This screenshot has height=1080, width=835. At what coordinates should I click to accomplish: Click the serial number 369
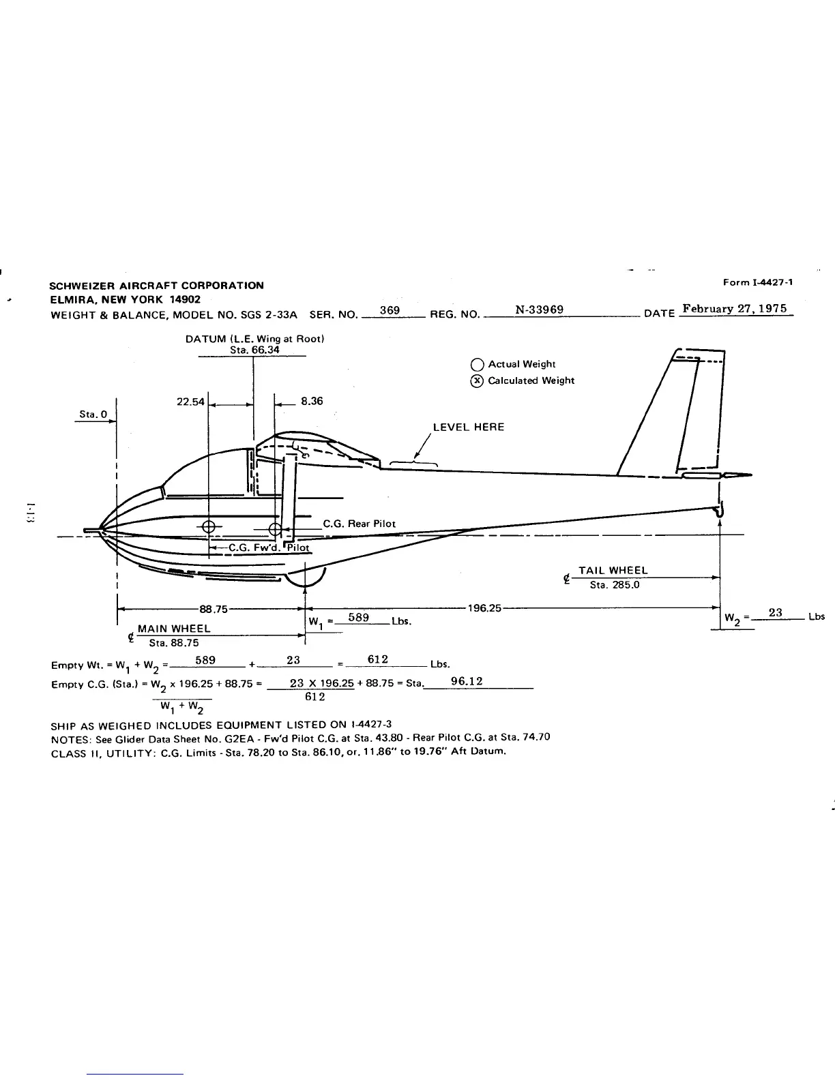(390, 310)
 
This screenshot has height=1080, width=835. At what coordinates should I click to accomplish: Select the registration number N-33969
(539, 310)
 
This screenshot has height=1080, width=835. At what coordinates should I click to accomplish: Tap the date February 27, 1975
(735, 308)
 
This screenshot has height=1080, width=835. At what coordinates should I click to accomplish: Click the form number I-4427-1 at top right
(757, 282)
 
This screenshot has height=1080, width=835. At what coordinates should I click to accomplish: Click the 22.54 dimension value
(190, 402)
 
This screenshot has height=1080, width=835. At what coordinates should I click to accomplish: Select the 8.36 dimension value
(312, 401)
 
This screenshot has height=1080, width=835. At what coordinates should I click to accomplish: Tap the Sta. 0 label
(89, 414)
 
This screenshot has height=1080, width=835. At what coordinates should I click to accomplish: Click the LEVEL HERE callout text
(469, 427)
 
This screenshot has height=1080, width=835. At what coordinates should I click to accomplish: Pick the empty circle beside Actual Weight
(478, 364)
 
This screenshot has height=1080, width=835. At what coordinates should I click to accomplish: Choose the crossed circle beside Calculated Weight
(478, 380)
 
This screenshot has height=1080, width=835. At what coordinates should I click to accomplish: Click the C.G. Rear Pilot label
(359, 524)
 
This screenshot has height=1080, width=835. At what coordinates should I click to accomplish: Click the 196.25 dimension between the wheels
(484, 607)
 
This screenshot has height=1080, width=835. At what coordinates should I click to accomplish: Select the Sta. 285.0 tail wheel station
(614, 584)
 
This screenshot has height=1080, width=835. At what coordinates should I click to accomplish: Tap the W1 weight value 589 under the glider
(358, 617)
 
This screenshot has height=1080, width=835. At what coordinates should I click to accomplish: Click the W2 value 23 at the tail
(775, 612)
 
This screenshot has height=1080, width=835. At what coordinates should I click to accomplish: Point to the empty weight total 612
(377, 659)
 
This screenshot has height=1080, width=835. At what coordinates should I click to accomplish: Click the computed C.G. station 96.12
(467, 681)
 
